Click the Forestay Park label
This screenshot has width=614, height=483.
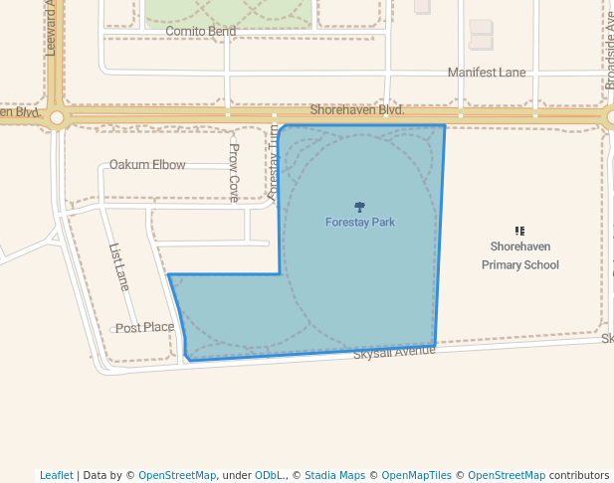359,223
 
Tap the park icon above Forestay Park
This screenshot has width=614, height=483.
359,207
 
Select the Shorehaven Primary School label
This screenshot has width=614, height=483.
519,255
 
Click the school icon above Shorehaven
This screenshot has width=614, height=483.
519,231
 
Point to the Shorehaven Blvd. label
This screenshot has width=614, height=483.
356,110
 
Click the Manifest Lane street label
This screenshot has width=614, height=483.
486,73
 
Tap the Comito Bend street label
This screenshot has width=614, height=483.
200,32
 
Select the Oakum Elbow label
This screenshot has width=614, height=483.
147,165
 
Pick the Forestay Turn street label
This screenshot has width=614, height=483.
274,164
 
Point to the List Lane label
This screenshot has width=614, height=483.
118,266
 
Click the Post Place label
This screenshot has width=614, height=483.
144,328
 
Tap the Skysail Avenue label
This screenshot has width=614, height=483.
394,352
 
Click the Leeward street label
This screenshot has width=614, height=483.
51,28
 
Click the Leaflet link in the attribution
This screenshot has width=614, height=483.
56,475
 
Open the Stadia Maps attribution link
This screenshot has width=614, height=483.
334,475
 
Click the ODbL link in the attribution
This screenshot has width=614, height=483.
269,475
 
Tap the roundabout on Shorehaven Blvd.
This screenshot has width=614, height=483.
57,117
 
